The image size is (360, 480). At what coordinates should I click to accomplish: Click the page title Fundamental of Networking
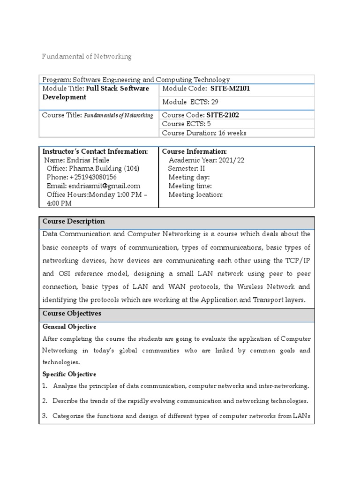point(87,57)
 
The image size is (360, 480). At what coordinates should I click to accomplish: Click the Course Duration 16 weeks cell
point(204,133)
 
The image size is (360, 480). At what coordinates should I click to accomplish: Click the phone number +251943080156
point(93,177)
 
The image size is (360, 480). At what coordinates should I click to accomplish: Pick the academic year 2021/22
point(228,160)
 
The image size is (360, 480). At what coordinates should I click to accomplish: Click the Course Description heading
point(74,221)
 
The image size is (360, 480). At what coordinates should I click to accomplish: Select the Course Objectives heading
point(72,313)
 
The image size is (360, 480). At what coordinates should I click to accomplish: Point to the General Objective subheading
point(69,327)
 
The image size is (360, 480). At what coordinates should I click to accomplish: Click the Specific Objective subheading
point(69,374)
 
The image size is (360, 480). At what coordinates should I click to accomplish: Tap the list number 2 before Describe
point(45,401)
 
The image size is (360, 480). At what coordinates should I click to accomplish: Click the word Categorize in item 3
point(71,415)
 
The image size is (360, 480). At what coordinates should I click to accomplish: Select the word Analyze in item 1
point(66,386)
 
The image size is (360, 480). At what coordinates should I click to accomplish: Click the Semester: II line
point(187,168)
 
